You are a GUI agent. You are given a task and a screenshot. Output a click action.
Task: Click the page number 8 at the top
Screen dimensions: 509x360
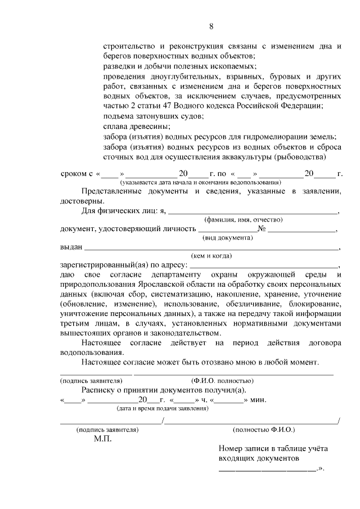pos(211,26)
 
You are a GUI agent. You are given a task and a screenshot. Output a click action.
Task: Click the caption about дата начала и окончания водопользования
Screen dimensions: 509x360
pos(200,183)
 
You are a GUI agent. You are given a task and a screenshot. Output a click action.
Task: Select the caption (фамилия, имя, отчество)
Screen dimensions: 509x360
pos(243,219)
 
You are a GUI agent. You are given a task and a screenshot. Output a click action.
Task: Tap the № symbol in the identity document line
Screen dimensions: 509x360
pos(262,229)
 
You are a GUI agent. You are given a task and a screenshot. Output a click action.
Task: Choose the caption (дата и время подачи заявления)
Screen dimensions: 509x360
pos(161,408)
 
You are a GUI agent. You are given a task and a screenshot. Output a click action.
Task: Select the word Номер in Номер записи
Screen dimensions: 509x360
pos(232,449)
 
